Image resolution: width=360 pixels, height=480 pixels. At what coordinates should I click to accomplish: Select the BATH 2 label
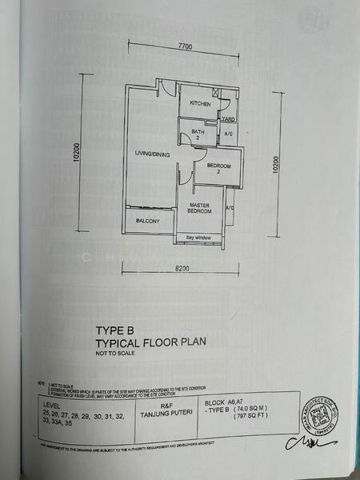(193, 136)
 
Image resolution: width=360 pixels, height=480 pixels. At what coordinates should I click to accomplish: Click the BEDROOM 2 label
(218, 169)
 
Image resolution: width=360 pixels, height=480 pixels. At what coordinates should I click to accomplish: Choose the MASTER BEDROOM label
(200, 207)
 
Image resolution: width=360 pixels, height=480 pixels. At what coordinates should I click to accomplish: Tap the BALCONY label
(148, 222)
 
